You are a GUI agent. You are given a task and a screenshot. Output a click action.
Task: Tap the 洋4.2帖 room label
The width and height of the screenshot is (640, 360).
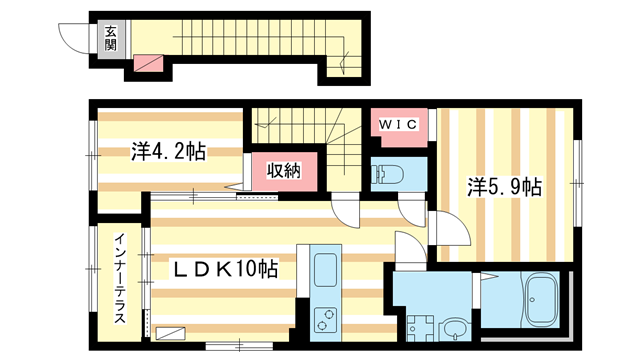point(168,152)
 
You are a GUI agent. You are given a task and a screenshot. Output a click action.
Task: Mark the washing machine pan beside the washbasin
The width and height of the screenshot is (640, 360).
point(418,326)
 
